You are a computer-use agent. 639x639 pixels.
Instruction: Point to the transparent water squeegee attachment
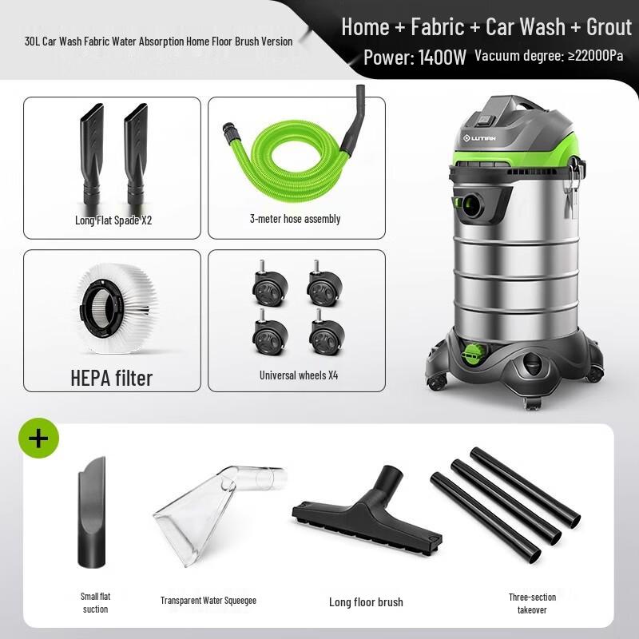(x=216, y=511)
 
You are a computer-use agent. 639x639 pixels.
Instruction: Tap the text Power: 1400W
(x=414, y=58)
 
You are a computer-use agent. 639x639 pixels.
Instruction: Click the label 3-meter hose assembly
(x=295, y=218)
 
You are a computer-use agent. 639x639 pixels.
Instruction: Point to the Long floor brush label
(x=366, y=601)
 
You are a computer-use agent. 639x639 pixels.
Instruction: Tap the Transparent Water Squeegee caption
(x=208, y=601)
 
